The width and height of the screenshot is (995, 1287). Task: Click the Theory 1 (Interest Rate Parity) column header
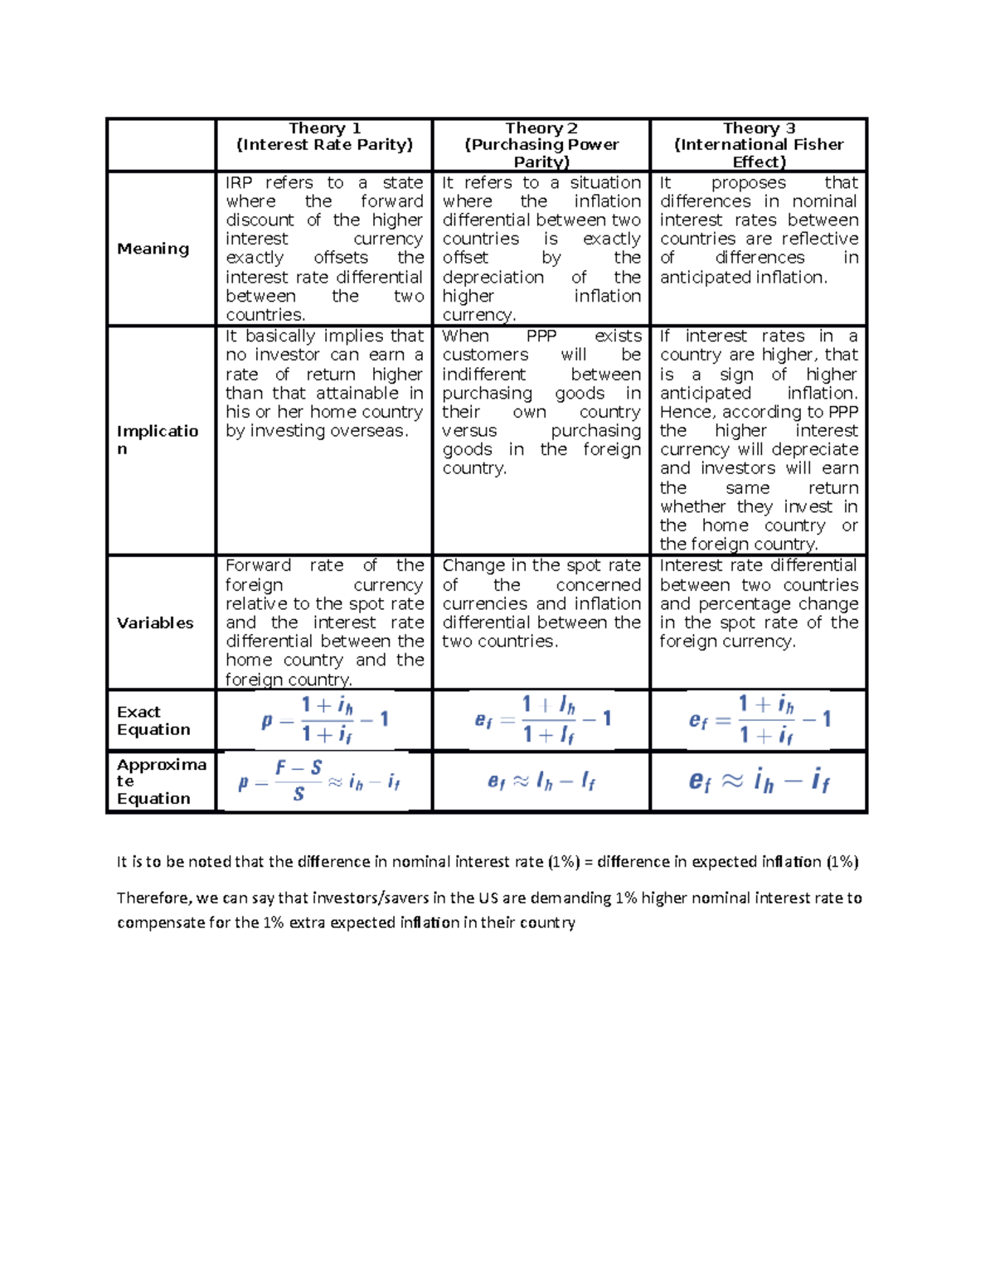[x=324, y=137]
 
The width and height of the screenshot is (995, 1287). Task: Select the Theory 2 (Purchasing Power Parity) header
[x=541, y=145]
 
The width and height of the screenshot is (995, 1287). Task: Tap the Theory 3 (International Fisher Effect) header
[x=759, y=145]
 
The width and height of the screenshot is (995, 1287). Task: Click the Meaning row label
[x=153, y=249]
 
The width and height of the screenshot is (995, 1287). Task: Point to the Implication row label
[x=157, y=440]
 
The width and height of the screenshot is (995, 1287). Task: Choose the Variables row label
[x=155, y=623]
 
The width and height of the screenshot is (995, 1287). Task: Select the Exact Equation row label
[x=153, y=721]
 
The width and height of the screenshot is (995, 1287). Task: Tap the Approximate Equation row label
[x=161, y=781]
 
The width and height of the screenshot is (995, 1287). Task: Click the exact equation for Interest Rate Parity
[x=324, y=720]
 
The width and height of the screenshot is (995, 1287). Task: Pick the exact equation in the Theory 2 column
[x=542, y=720]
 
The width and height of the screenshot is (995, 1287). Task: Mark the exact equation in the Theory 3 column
[x=759, y=720]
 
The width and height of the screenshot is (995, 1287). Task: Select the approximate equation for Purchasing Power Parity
[x=541, y=781]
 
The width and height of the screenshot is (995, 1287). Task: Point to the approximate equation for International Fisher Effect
[x=759, y=781]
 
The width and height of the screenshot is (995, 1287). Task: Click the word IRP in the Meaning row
[x=240, y=183]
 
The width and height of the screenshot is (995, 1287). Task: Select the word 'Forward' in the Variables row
[x=258, y=566]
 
